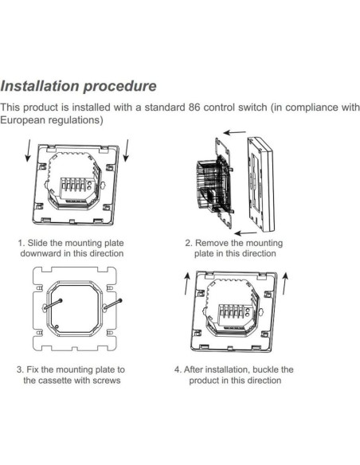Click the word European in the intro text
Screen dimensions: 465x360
click(25, 120)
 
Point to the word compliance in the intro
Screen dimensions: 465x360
click(304, 107)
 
